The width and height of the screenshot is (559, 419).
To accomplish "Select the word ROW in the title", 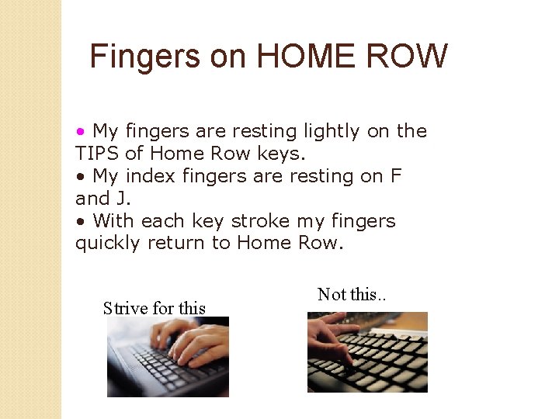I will point(408,57).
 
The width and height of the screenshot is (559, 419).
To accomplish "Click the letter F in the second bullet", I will point(396,176).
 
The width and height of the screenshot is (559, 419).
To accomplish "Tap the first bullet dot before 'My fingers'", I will point(80,132).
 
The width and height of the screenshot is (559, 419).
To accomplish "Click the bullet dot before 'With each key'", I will point(80,222).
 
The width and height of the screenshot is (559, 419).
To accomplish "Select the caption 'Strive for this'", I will point(155,309).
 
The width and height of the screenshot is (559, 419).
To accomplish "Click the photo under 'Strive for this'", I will point(168,357).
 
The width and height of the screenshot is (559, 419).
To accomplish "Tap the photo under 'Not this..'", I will point(367,352).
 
